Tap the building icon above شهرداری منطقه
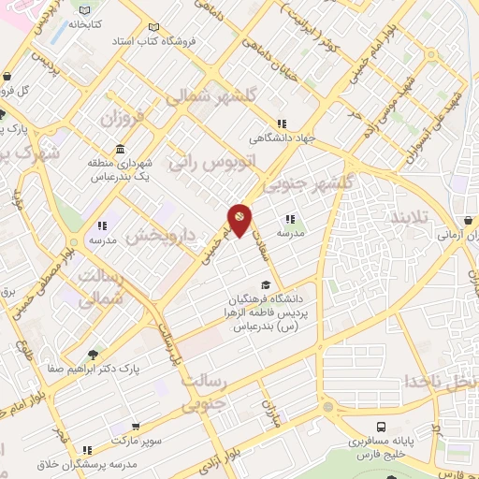click(x=121, y=150)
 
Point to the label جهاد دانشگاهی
click(x=277, y=138)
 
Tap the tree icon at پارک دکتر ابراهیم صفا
click(x=91, y=355)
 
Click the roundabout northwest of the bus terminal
click(x=328, y=407)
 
